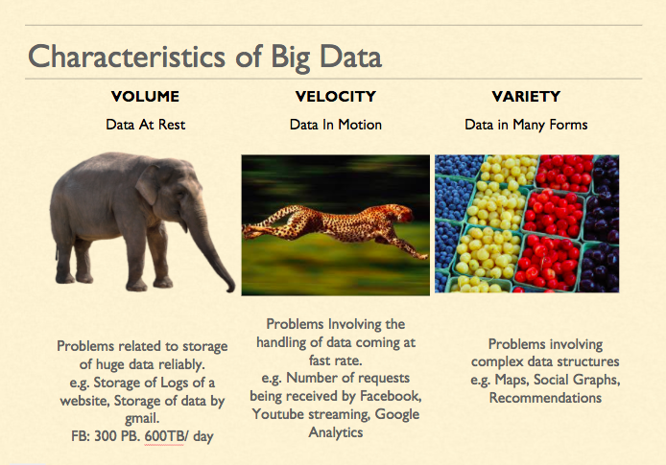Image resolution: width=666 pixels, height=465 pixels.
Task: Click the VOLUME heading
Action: [145, 96]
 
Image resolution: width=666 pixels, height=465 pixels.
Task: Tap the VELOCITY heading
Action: [336, 96]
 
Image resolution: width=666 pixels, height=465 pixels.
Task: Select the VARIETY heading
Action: [526, 96]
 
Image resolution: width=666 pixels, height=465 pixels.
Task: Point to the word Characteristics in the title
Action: [127, 56]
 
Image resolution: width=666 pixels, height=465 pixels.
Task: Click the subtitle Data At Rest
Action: [145, 125]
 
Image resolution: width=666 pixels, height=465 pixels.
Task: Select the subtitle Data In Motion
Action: [336, 125]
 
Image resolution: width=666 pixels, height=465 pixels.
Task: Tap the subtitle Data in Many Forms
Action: [526, 125]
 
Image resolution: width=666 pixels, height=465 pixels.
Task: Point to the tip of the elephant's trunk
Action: [230, 291]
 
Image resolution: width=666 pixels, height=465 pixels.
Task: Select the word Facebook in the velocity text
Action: [391, 396]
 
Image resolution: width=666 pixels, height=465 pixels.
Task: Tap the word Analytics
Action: [336, 432]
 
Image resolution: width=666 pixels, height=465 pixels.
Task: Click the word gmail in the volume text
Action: [142, 419]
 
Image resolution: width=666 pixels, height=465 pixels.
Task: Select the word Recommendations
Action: [545, 398]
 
